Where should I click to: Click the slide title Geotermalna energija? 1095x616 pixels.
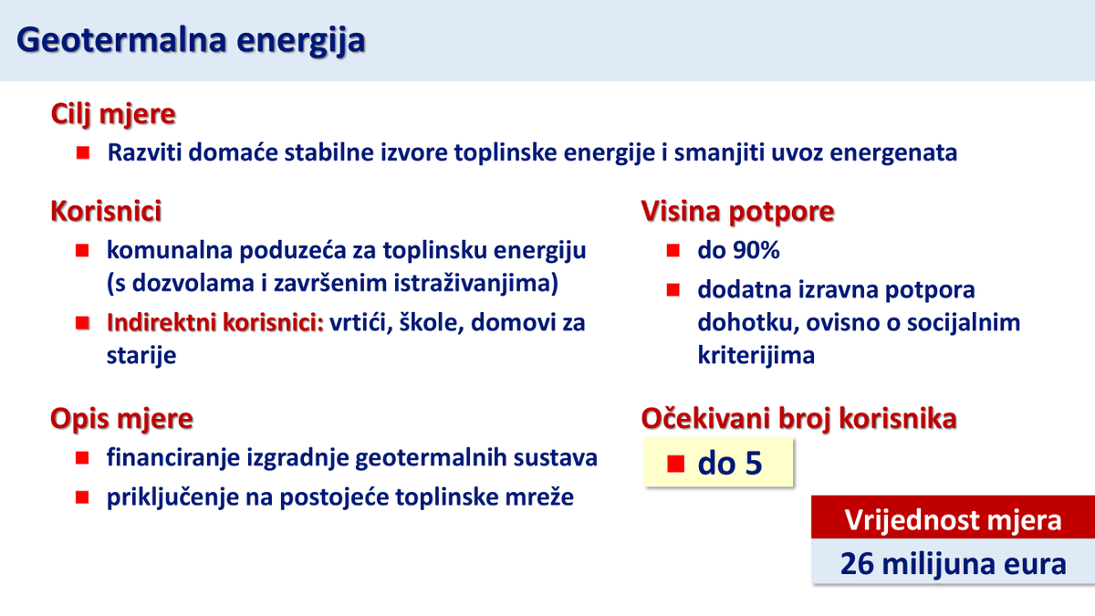coord(192,40)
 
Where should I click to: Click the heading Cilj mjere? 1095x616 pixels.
coord(113,115)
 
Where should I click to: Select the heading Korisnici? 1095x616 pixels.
coord(106,211)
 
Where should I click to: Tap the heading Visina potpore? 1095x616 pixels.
coord(737,211)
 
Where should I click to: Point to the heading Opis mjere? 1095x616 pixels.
coord(121,419)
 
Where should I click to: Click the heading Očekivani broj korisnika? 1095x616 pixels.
coord(799,419)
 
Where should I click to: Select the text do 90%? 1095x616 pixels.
coord(738,250)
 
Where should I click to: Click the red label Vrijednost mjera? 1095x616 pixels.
coord(953,520)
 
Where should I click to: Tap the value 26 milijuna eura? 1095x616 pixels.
coord(953,564)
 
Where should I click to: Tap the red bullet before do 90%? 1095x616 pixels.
coord(673,250)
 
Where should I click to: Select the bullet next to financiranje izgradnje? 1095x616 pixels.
coord(83,457)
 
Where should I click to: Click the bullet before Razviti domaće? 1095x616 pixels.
coord(83,152)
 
